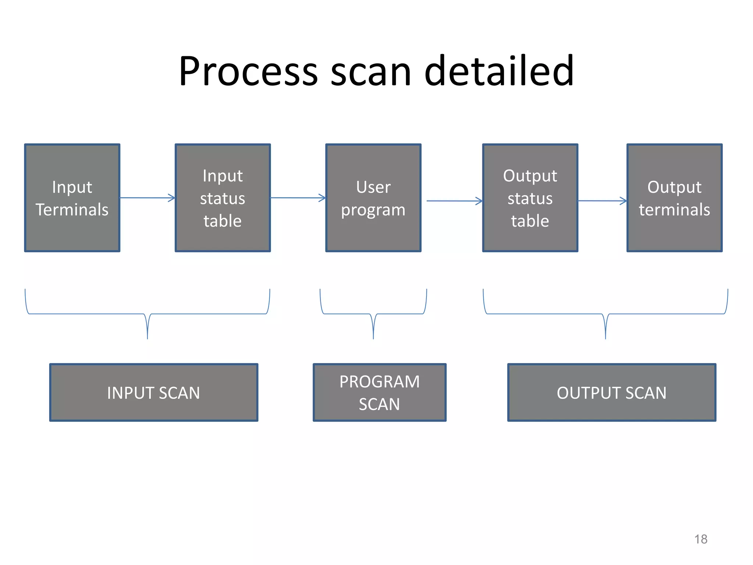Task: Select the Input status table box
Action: [x=223, y=198]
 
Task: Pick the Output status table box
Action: [x=530, y=198]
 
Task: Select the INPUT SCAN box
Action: [x=154, y=392]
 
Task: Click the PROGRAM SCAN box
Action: [x=379, y=392]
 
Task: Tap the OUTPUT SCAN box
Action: [x=611, y=392]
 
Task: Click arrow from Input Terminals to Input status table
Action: [x=147, y=198]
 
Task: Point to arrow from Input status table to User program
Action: [x=298, y=198]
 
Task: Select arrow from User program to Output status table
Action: [x=454, y=201]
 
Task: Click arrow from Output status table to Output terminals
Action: [x=602, y=201]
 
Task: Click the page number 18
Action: [x=700, y=539]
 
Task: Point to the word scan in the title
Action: [x=371, y=72]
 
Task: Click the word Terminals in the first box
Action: [x=72, y=210]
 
